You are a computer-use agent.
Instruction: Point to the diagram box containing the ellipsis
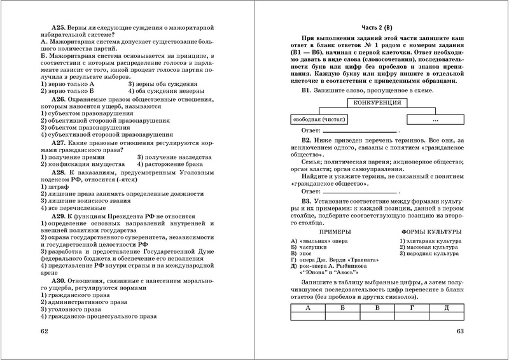click(x=435, y=119)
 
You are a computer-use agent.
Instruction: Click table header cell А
click(x=308, y=307)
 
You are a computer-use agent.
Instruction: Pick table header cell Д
click(x=447, y=307)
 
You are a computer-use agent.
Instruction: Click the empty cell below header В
click(x=377, y=315)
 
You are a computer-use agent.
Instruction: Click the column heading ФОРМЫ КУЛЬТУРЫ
click(x=432, y=232)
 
